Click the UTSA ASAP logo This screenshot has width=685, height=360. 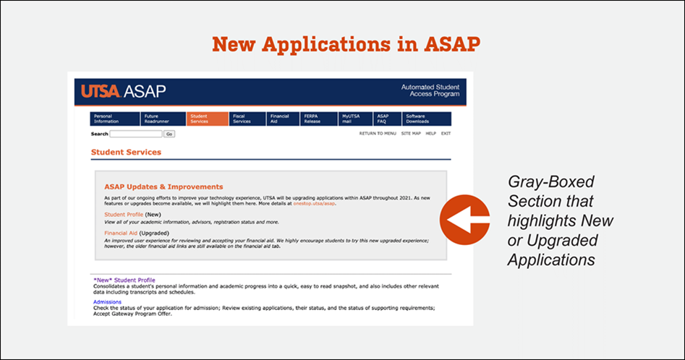tap(124, 92)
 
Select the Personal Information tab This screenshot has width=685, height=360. tap(114, 119)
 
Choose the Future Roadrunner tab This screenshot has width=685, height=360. tap(163, 119)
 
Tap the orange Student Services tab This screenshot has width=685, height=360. tap(207, 119)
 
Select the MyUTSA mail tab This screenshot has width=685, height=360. tap(355, 119)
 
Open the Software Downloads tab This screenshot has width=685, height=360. tap(427, 119)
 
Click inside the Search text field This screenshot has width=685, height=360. tap(136, 134)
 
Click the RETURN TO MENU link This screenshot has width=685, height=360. tap(378, 134)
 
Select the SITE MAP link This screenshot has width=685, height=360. tap(411, 134)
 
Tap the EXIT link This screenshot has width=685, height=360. tap(446, 134)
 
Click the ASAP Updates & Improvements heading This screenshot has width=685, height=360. tap(163, 187)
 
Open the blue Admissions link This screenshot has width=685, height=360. tap(107, 301)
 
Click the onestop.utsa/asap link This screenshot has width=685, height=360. tap(315, 204)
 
